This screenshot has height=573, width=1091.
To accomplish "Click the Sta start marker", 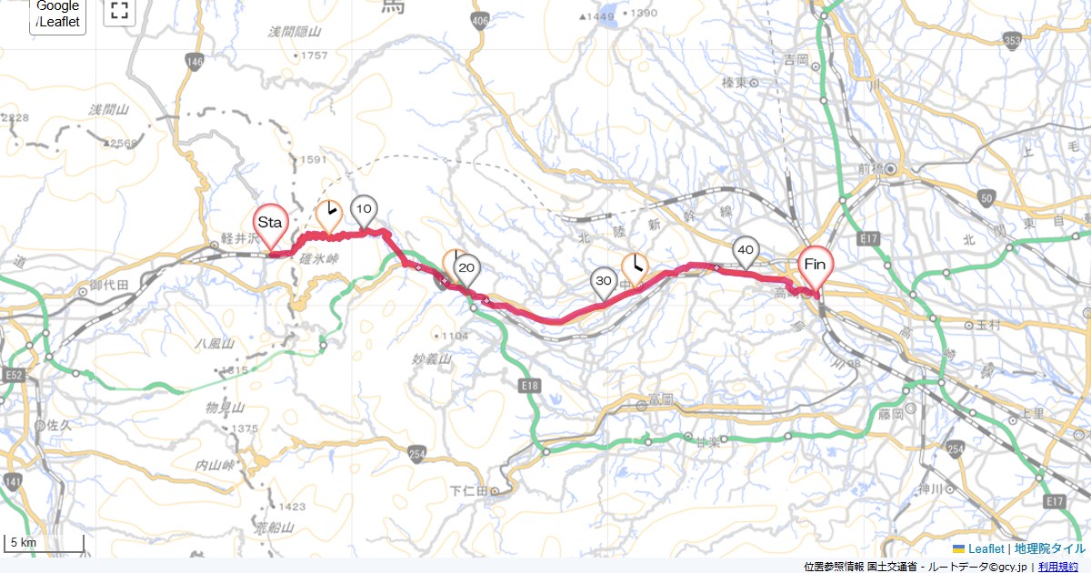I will (270, 224).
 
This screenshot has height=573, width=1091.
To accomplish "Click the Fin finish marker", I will (815, 266).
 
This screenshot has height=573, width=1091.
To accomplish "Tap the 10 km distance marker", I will (364, 210).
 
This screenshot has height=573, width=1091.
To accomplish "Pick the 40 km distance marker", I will (746, 250).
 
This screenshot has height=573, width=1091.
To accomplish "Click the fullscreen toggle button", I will (119, 11).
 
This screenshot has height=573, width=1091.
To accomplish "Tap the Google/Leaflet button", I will (57, 15).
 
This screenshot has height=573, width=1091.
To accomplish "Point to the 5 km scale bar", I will (44, 544).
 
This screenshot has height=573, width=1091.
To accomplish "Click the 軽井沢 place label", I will (240, 237).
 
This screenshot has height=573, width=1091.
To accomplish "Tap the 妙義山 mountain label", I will (433, 359).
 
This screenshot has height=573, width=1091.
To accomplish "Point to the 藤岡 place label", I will (891, 413).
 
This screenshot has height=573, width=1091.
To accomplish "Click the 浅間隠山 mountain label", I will (295, 32).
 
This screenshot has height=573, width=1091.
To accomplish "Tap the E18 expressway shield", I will (531, 387).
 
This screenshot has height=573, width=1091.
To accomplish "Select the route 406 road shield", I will (481, 20).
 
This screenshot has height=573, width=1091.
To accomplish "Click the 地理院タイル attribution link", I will (1049, 548).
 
